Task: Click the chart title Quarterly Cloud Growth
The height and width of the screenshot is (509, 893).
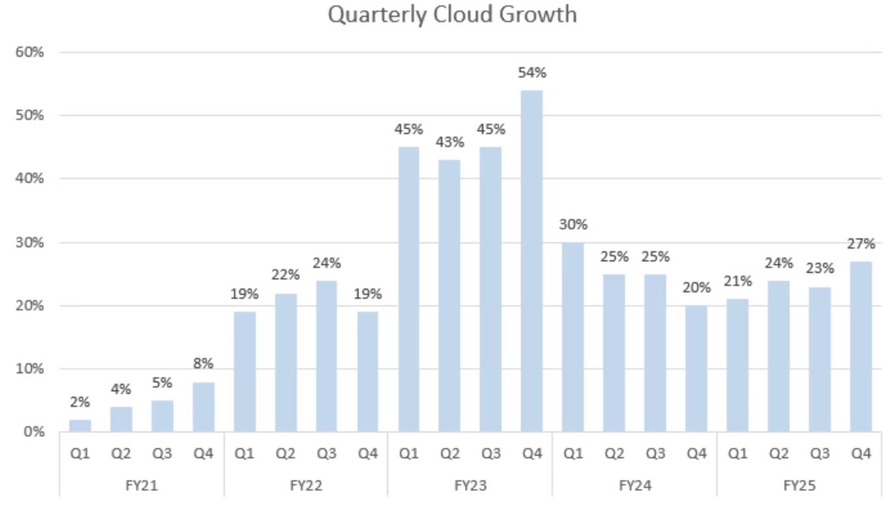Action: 452,14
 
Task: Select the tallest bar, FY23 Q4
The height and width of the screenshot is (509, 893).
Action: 532,260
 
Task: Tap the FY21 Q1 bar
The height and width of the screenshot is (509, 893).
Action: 80,425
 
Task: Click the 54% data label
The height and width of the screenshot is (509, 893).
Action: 532,73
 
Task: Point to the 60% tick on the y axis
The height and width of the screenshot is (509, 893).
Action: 30,52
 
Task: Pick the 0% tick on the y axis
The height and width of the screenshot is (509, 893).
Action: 33,432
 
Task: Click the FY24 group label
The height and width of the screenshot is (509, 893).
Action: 635,486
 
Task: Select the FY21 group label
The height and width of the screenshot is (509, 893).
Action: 142,486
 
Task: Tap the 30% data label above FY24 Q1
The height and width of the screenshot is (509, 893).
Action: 573,225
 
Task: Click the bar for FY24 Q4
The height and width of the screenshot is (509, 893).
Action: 696,368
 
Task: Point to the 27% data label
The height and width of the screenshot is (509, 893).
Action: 860,244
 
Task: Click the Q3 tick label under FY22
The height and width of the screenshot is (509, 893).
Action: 326,454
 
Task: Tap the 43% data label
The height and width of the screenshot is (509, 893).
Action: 450,142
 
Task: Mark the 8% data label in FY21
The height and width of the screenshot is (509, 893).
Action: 203,364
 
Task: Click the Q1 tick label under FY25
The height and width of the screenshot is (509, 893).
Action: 737,454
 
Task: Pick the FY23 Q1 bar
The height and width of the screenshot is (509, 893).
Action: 409,289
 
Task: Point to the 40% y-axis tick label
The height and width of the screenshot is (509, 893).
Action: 30,178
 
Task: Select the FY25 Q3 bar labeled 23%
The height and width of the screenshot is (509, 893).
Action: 819,359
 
